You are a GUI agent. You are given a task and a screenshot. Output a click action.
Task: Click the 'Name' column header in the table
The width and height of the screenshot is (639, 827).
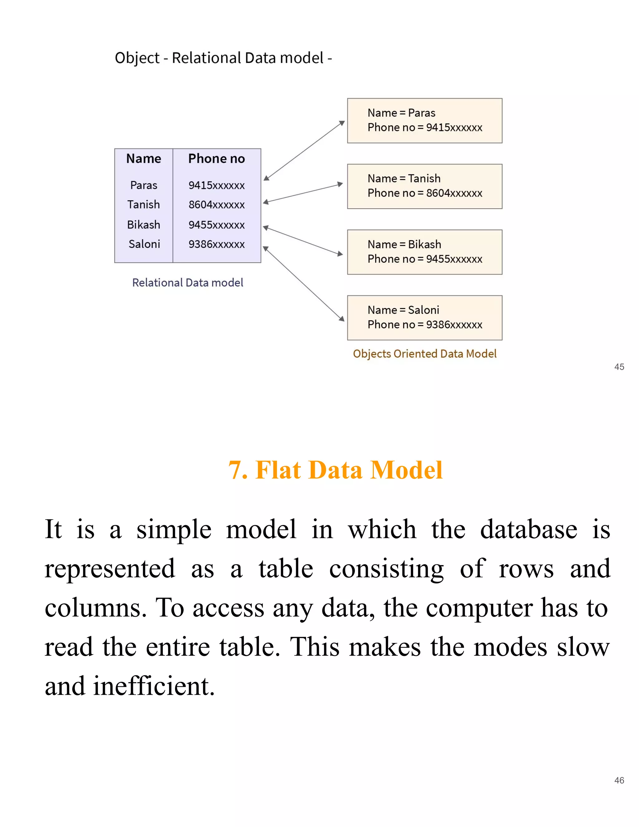[x=144, y=159]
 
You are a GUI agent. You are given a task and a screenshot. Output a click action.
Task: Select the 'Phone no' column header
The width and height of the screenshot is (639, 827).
[x=217, y=159]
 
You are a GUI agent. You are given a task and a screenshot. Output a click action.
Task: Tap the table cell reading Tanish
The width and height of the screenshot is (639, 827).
[x=144, y=204]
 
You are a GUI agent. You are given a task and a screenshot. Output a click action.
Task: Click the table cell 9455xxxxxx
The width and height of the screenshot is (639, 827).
[x=217, y=225]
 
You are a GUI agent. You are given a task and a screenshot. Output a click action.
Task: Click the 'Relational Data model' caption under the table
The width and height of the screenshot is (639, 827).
[x=188, y=282]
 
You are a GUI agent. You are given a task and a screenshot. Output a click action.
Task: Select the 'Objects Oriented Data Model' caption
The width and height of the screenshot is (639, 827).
[x=424, y=354]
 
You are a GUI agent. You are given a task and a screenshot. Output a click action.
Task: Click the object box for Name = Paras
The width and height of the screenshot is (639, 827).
[x=424, y=120]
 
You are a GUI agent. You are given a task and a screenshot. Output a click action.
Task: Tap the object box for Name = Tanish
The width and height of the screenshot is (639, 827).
[x=424, y=186]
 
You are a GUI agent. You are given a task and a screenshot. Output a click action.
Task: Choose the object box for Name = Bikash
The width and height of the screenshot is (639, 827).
[x=424, y=252]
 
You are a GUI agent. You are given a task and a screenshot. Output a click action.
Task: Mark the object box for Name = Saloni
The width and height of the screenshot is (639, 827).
[x=424, y=318]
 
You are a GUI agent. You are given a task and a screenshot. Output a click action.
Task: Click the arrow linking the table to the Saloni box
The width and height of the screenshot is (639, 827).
[x=304, y=284]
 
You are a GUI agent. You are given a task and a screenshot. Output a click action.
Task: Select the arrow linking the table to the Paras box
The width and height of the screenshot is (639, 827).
[x=304, y=150]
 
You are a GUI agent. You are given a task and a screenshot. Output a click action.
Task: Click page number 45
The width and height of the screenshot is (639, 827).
[x=619, y=367]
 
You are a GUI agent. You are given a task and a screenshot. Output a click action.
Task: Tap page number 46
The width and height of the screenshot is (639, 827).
[x=619, y=781]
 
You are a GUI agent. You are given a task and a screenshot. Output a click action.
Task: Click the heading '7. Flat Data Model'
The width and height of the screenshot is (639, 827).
[x=335, y=470]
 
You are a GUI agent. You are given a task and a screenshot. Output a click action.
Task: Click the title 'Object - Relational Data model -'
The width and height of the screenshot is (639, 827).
[x=223, y=58]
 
